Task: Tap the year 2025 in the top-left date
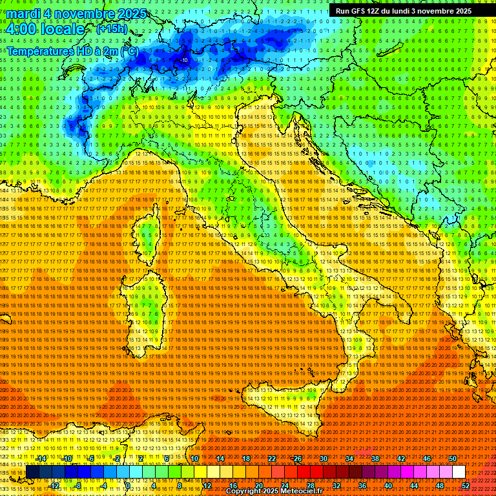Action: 129,14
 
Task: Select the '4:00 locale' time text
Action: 46,29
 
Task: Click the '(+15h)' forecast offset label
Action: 112,29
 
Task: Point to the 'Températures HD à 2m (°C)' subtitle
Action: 72,50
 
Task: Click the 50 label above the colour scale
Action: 452,459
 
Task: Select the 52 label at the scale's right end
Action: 465,486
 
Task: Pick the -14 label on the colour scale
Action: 41,459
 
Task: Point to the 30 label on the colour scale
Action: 323,459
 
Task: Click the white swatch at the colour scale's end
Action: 459,472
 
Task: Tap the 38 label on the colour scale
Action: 375,459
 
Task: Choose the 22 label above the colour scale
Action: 272,459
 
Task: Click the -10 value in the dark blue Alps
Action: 185,60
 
